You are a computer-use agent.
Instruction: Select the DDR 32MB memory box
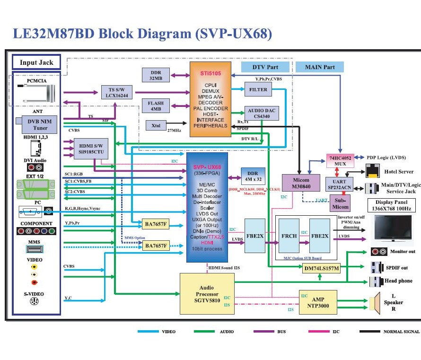tap(156, 75)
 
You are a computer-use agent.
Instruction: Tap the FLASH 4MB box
tap(156, 105)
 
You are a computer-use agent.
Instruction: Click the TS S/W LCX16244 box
tap(117, 92)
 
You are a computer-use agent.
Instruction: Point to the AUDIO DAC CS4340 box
tap(261, 114)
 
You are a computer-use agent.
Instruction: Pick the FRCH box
tap(289, 235)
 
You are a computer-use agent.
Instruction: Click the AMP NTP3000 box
tap(318, 302)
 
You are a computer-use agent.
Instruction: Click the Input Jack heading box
tap(36, 62)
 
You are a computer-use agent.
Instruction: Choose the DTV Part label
tap(265, 67)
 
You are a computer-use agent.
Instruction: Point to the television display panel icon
tap(394, 228)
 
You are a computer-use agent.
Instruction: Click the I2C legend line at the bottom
tap(318, 332)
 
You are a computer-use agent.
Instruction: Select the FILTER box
tap(258, 89)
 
